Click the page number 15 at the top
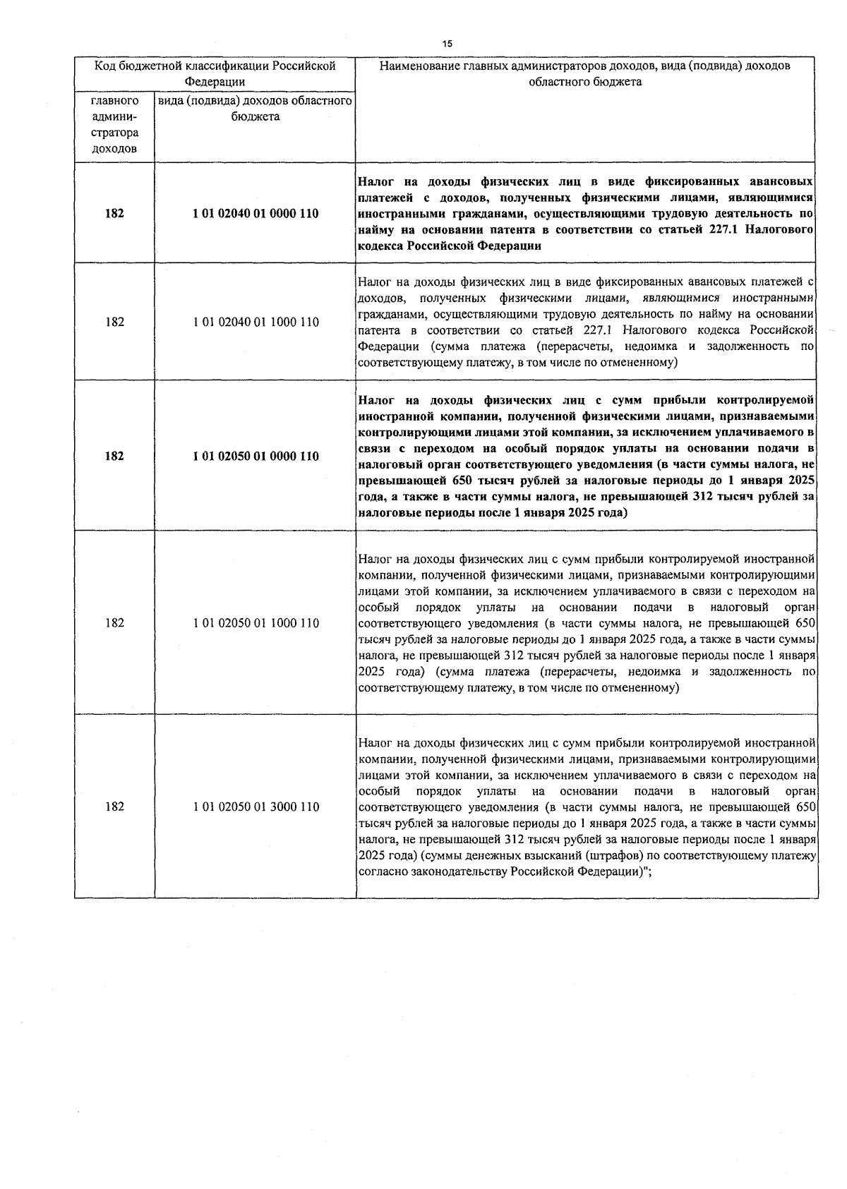(447, 44)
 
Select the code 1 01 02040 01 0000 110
(256, 213)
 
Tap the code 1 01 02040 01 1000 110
(256, 322)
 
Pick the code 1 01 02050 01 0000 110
(256, 457)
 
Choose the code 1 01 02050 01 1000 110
(256, 623)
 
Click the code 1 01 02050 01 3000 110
(256, 807)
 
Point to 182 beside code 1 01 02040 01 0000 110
(114, 213)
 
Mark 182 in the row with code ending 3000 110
(114, 807)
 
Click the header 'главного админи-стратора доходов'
(114, 125)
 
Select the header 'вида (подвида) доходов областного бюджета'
(256, 109)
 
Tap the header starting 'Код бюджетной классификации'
(215, 73)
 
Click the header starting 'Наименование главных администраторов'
(585, 73)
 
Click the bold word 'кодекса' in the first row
(380, 246)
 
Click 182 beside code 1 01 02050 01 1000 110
(114, 623)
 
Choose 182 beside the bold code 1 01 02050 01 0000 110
(114, 457)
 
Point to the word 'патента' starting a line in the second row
(378, 330)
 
